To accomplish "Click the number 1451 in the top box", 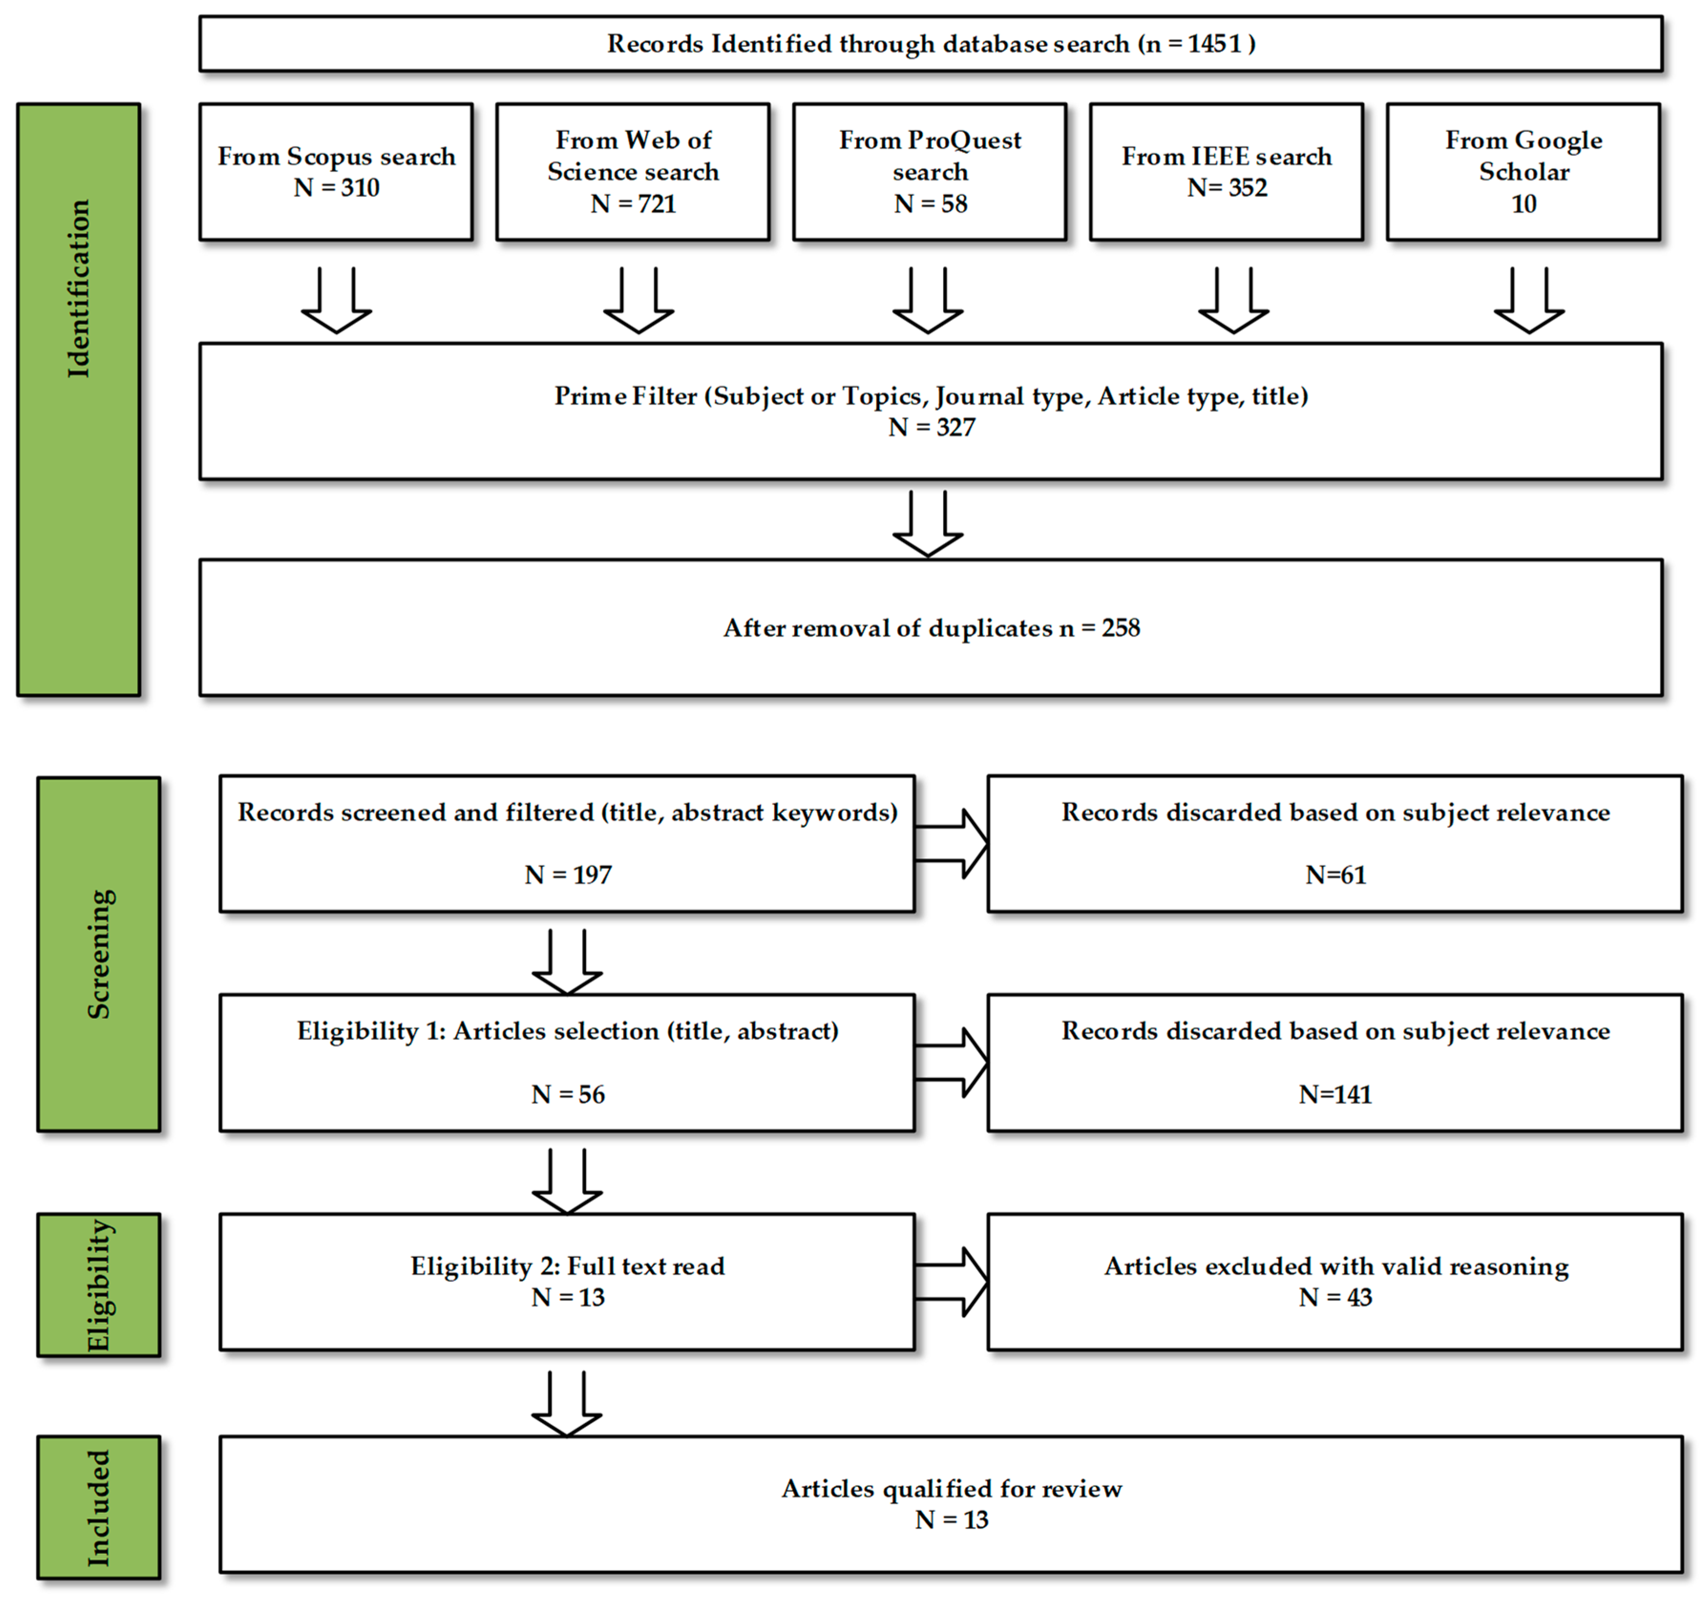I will pyautogui.click(x=1214, y=43).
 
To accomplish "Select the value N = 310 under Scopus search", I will pyautogui.click(x=336, y=187).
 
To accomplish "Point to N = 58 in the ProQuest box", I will pyautogui.click(x=930, y=203).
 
